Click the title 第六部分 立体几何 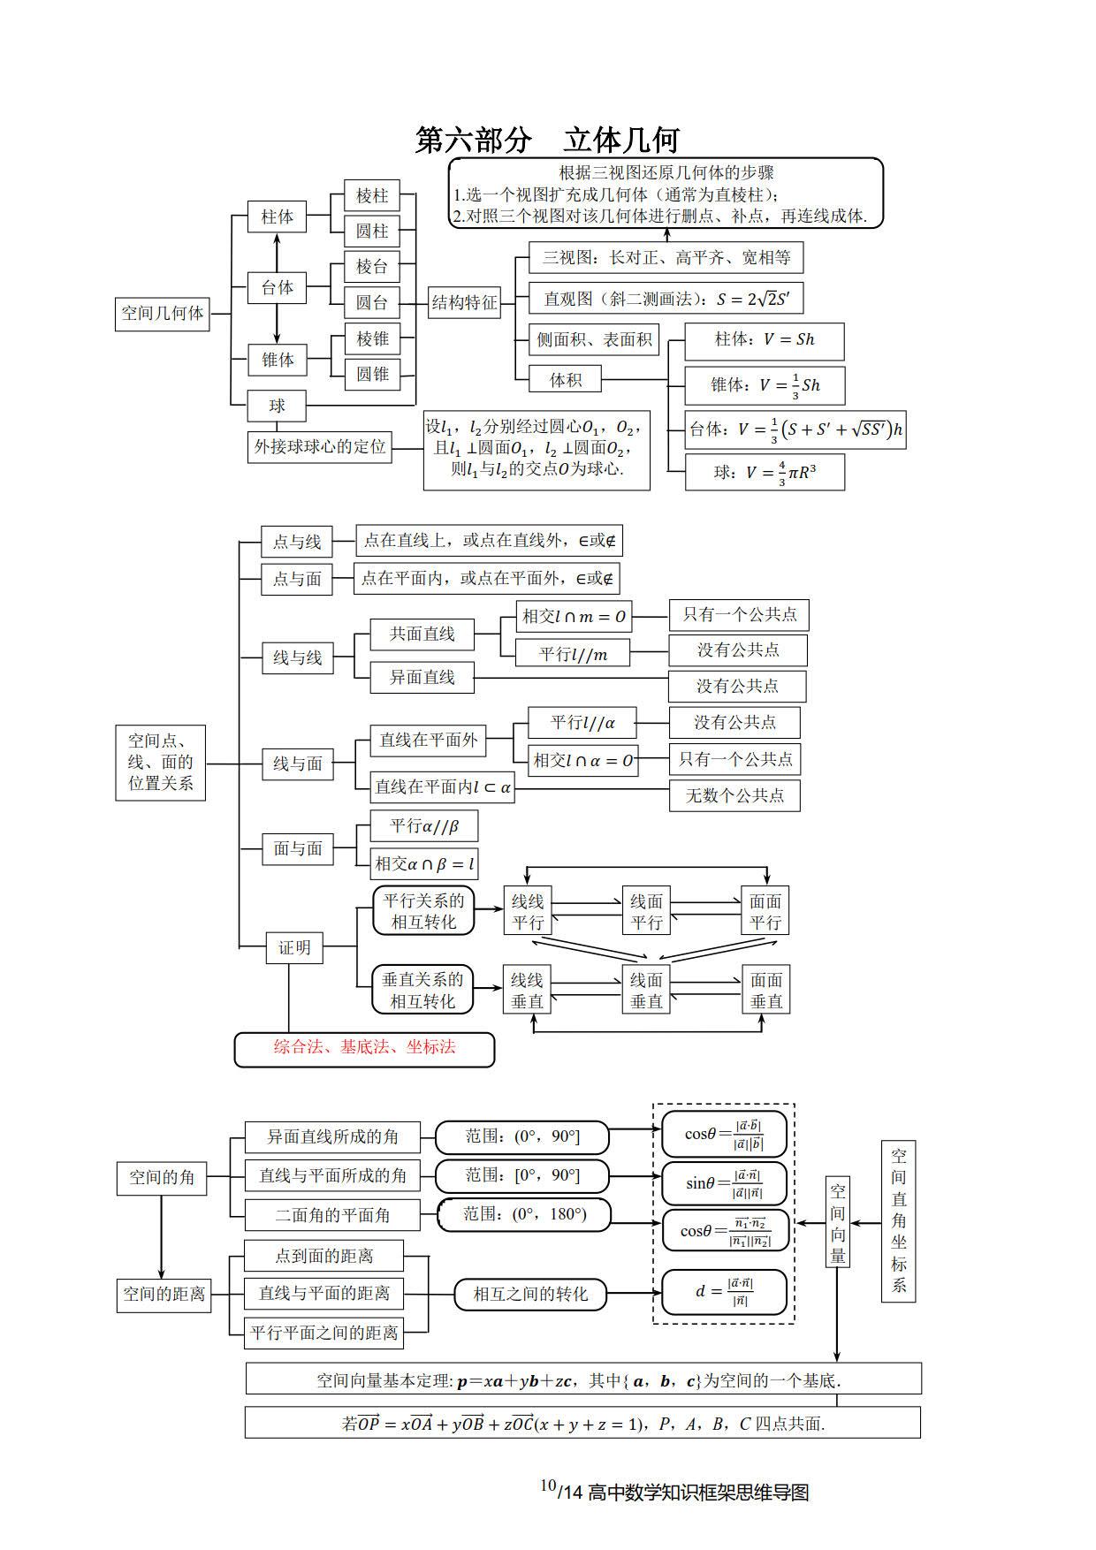tap(547, 141)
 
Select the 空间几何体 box tap(162, 314)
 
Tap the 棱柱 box tap(372, 195)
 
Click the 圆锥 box tap(372, 374)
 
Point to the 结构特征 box tap(464, 303)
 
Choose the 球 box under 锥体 tap(277, 406)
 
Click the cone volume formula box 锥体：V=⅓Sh tap(765, 384)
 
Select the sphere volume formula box tap(765, 472)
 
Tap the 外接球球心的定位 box tap(320, 447)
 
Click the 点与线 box tap(296, 542)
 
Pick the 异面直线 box tap(422, 678)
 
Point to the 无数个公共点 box tap(734, 795)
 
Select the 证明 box tap(294, 948)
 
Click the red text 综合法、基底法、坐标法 tap(364, 1047)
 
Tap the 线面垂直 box tap(646, 991)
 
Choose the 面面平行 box tap(765, 911)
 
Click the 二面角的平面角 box tap(331, 1215)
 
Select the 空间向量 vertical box tap(837, 1222)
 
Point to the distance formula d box tap(724, 1293)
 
